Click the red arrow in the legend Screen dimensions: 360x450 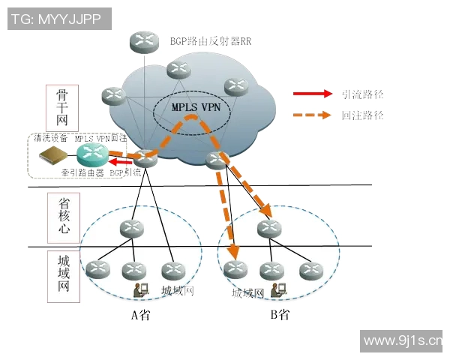312,94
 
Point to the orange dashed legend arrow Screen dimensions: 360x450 312,115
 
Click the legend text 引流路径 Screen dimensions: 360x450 362,94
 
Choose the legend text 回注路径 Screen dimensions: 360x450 362,115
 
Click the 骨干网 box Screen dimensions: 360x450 62,109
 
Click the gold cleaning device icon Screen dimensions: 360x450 53,155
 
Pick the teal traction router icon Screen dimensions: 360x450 91,155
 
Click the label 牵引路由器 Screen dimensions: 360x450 82,172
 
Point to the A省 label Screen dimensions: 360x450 140,315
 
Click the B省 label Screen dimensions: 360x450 280,315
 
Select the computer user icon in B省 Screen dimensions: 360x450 277,290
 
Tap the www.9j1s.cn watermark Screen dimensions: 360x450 402,341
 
